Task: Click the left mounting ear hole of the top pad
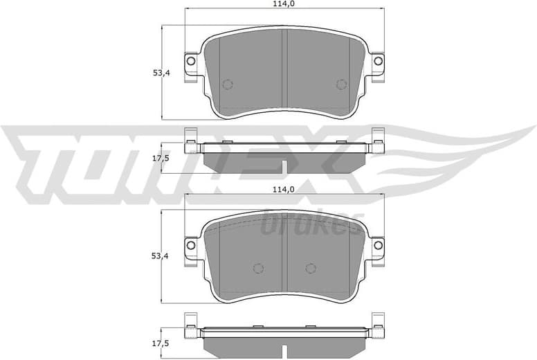click(191, 62)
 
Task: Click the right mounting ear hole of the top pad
click(378, 62)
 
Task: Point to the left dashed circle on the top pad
click(227, 84)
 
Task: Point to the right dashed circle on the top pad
click(340, 84)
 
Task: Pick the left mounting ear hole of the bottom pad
click(191, 244)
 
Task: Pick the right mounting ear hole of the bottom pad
click(378, 244)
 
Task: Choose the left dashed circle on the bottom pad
click(260, 268)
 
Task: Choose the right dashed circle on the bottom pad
click(310, 268)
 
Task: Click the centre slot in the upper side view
click(284, 167)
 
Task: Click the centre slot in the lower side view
click(284, 350)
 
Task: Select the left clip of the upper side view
click(190, 142)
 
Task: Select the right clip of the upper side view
click(379, 142)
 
